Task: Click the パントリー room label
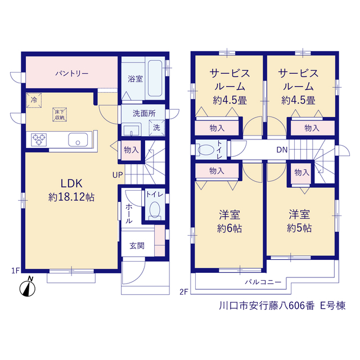[72, 74]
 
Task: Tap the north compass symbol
[28, 287]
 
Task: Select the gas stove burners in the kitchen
[39, 139]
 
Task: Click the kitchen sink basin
[78, 139]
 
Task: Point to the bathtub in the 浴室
[155, 78]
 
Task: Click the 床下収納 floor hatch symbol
[60, 115]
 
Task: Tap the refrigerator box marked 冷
[34, 100]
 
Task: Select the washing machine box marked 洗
[157, 128]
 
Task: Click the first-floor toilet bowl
[155, 210]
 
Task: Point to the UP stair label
[118, 175]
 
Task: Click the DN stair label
[282, 150]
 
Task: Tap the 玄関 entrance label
[137, 246]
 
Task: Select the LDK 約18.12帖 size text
[71, 197]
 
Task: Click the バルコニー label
[263, 282]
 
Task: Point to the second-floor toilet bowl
[206, 150]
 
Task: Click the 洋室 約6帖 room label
[229, 222]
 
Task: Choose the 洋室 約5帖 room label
[299, 221]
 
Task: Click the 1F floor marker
[16, 271]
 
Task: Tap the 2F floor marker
[184, 291]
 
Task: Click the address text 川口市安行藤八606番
[267, 306]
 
